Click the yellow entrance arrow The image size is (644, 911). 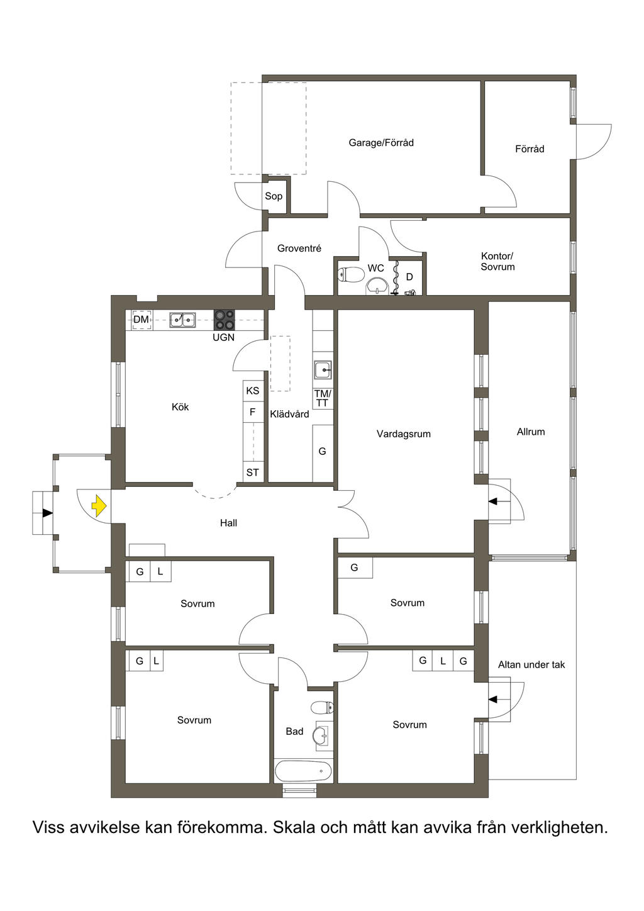point(99,506)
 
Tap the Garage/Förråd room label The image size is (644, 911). point(381,143)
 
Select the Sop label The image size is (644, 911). point(274,196)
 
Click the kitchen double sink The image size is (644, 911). point(182,320)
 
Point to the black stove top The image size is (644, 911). point(225,320)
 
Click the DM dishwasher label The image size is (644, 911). point(141,319)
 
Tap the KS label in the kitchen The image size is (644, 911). point(252,391)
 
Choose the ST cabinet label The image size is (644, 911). point(252,472)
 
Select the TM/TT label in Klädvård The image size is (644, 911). point(323,399)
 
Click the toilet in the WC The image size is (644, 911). point(351,274)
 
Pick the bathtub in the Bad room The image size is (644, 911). point(304,771)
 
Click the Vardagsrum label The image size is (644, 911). point(403,434)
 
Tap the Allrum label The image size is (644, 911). point(531,432)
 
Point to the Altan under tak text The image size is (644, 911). point(531,664)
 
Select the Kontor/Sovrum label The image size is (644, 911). point(497,262)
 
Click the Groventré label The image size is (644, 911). point(299,248)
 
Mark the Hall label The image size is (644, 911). point(228,523)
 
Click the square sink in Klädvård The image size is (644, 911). point(323,370)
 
